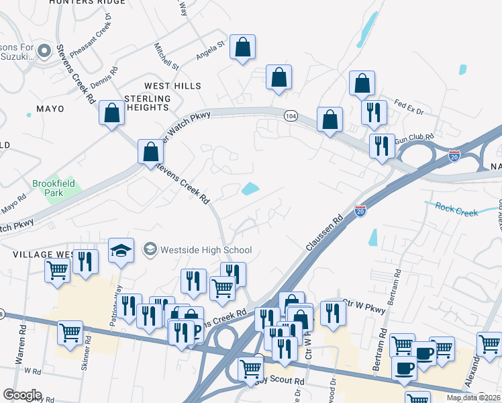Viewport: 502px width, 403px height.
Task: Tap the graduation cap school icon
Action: (x=121, y=251)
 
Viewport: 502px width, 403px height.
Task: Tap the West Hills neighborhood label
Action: (x=172, y=86)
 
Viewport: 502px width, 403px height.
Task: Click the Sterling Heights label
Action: (x=148, y=103)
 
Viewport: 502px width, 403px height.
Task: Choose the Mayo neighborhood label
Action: (x=50, y=108)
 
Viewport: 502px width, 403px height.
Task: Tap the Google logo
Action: (x=22, y=395)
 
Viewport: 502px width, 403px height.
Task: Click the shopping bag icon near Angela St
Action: (x=243, y=48)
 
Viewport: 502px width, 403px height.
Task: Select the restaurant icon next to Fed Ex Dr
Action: (x=373, y=112)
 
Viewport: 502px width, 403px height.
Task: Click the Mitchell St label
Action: (x=166, y=57)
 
